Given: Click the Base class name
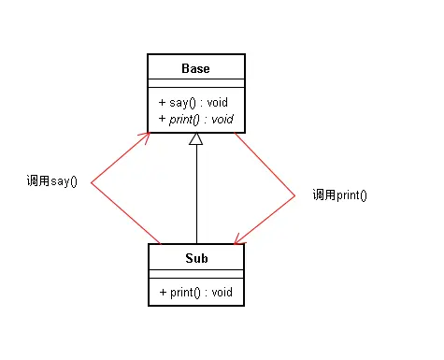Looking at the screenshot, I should [x=196, y=68].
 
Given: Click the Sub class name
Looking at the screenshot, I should [x=196, y=257].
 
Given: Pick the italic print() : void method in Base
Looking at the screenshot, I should [x=196, y=119].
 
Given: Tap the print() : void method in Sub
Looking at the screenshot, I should [x=196, y=292].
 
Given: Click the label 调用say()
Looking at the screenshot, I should [x=52, y=180].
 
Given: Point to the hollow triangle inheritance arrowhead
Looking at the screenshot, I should [x=196, y=139].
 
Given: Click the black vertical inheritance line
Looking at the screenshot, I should [x=196, y=196].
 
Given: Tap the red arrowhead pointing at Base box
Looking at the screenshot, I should [x=146, y=136].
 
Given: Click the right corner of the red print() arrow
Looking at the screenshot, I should [x=294, y=194].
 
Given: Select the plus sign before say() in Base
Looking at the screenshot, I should [x=162, y=102].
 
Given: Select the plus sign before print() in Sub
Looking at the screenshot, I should [x=162, y=292].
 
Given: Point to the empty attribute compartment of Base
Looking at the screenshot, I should [x=196, y=84].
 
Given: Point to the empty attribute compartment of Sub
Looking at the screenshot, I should [x=196, y=274].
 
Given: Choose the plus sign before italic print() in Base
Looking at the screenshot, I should [x=162, y=119].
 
